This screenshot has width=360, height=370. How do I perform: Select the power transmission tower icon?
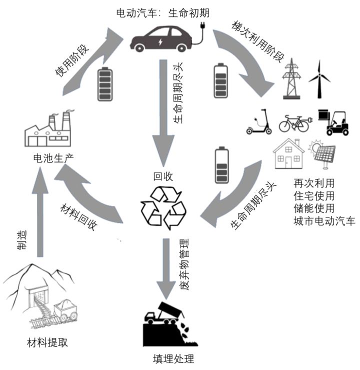coord(291,78)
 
